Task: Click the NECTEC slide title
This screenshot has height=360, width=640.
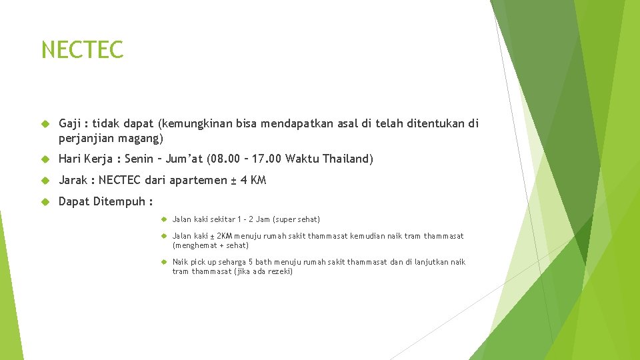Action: point(82,50)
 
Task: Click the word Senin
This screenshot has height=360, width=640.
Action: point(139,159)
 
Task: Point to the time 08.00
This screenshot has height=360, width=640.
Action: point(223,159)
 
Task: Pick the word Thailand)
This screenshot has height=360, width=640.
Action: point(348,159)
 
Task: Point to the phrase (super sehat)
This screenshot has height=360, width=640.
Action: point(297,219)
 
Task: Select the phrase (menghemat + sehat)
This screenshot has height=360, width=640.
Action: point(211,245)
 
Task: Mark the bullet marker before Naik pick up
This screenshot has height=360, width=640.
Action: point(163,262)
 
